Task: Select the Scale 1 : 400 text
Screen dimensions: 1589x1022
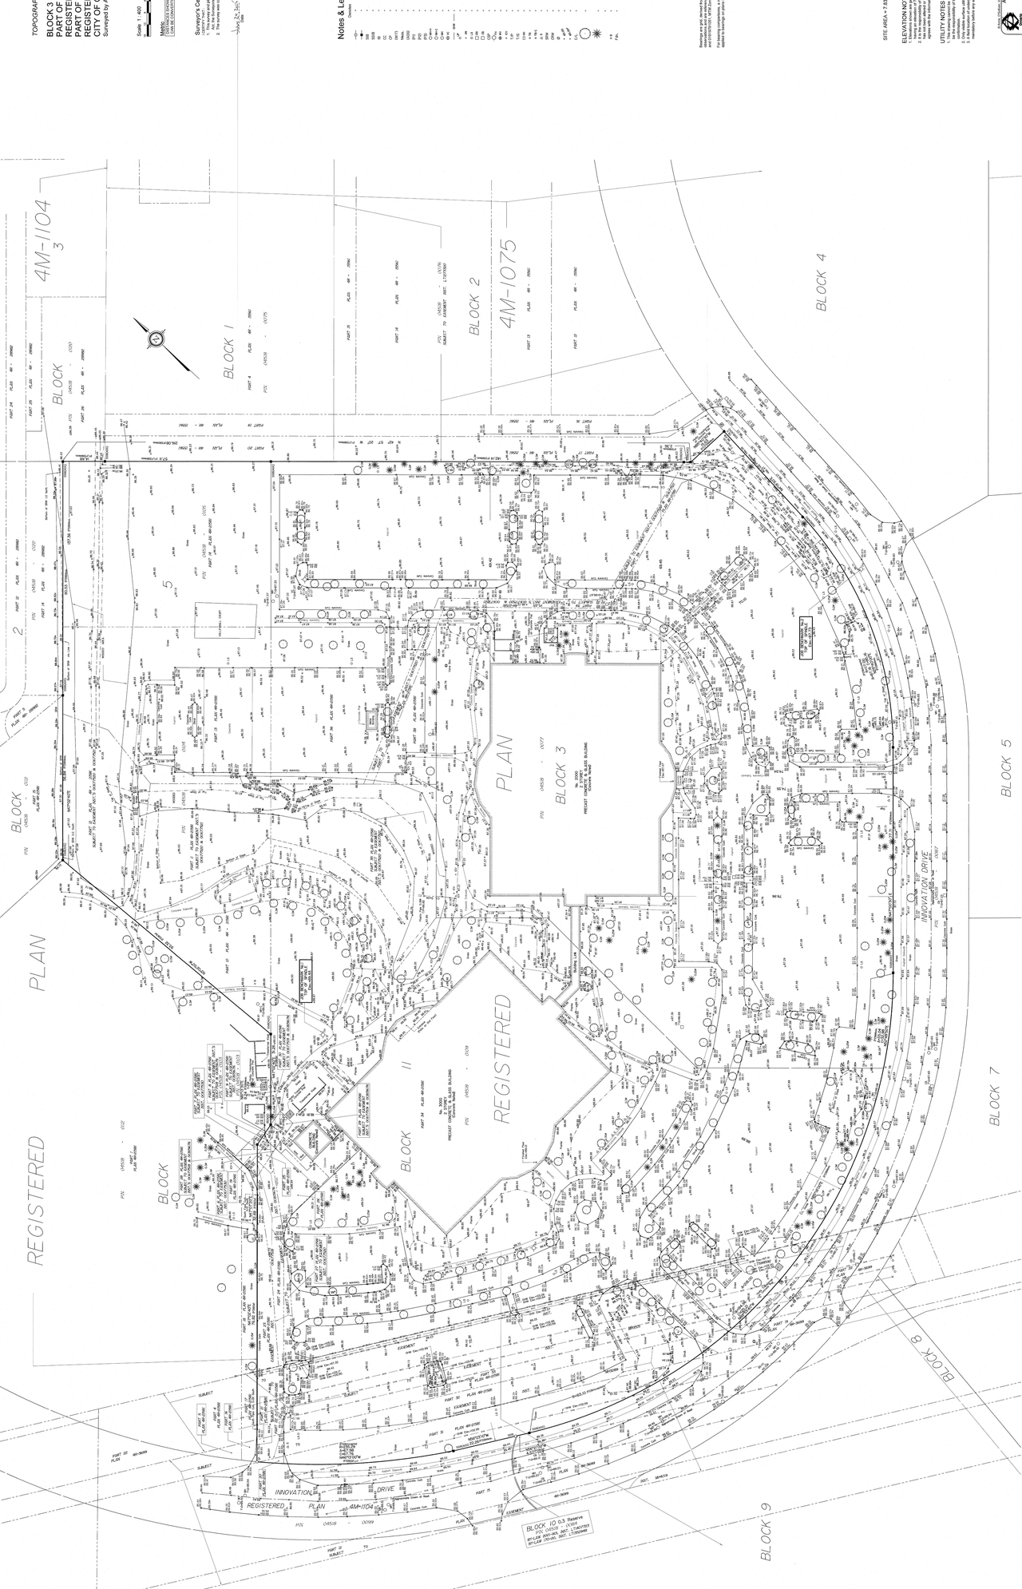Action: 149,40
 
